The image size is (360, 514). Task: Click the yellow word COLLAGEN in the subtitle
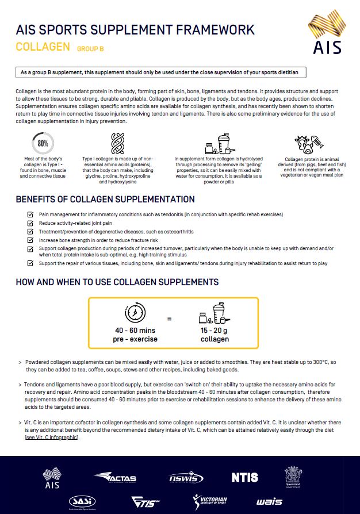click(43, 47)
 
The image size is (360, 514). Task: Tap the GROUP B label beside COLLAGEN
click(90, 49)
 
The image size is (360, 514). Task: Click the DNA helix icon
click(118, 144)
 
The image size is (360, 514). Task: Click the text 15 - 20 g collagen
click(214, 335)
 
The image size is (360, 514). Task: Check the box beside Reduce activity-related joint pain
click(30, 223)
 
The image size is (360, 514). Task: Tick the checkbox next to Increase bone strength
click(30, 240)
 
